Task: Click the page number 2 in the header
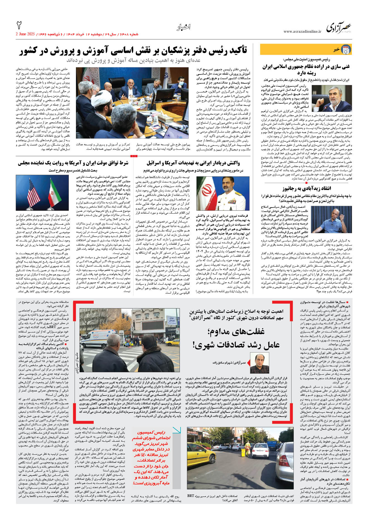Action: (x=19, y=26)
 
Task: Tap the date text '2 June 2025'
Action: (x=25, y=34)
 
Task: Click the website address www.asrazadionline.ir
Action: (x=302, y=32)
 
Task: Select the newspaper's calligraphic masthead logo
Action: (x=339, y=28)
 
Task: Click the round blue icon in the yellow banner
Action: (x=346, y=49)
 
